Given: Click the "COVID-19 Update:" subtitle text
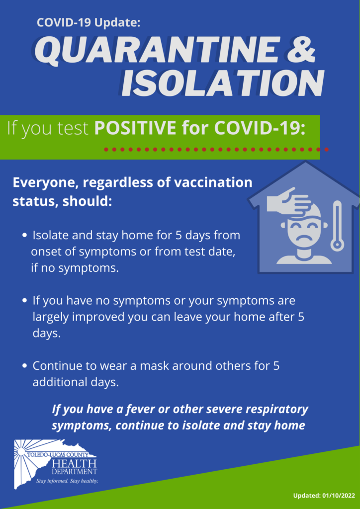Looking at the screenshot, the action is coord(89,23).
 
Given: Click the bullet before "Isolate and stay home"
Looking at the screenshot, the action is coord(24,236).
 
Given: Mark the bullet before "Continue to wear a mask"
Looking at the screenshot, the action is coord(24,366).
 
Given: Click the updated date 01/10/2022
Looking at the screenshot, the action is coord(339,496).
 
